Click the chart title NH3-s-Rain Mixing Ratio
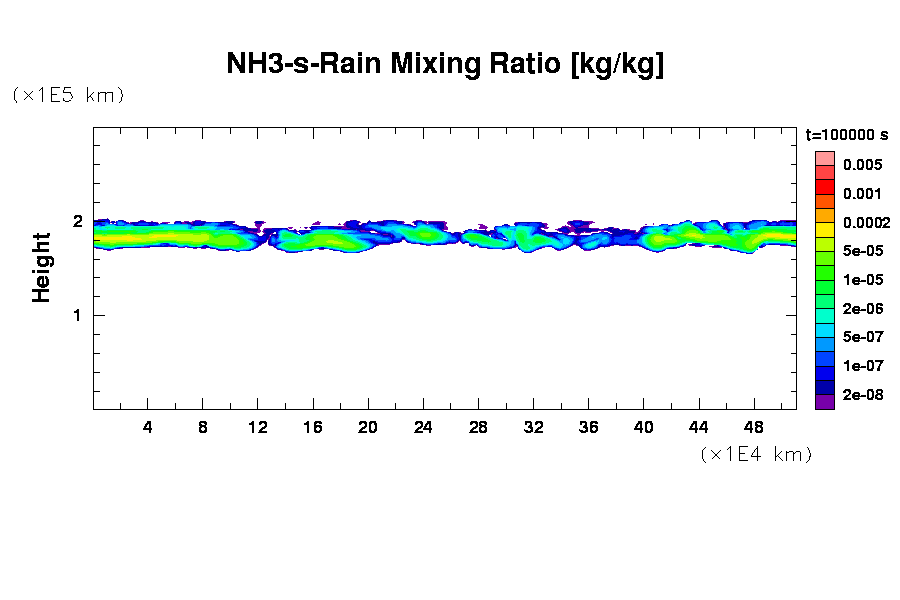point(445,65)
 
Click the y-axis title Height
point(41,267)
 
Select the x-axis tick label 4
point(148,427)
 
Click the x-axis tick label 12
point(258,427)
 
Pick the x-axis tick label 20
point(368,427)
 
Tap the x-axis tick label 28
point(478,427)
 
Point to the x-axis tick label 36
point(588,427)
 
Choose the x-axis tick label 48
point(753,427)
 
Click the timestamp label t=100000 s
point(847,134)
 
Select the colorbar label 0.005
point(862,165)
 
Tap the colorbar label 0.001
point(862,194)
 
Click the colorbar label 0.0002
point(865,223)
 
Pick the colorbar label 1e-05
point(862,280)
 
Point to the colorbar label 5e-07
point(862,338)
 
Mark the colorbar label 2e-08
point(862,395)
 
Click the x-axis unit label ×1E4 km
point(756,454)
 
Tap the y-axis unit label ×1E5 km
point(68,95)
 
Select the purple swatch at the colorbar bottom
point(825,402)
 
